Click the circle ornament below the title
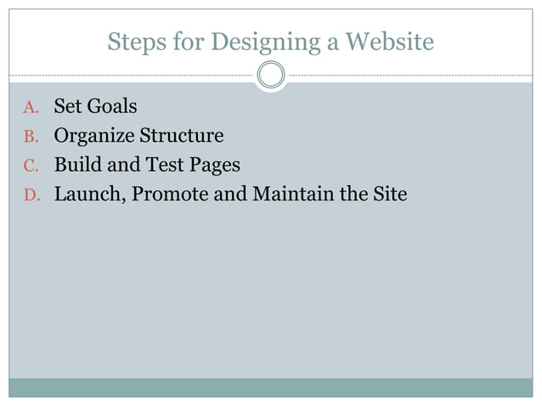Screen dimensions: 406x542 [271, 76]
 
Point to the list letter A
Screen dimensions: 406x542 [30, 108]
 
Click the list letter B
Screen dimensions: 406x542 [30, 137]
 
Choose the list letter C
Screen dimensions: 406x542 [30, 166]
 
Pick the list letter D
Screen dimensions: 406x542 [30, 195]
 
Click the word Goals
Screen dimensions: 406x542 [112, 107]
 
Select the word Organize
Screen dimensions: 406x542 [94, 136]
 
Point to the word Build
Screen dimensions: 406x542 [76, 165]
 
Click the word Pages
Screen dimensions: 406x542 [213, 166]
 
